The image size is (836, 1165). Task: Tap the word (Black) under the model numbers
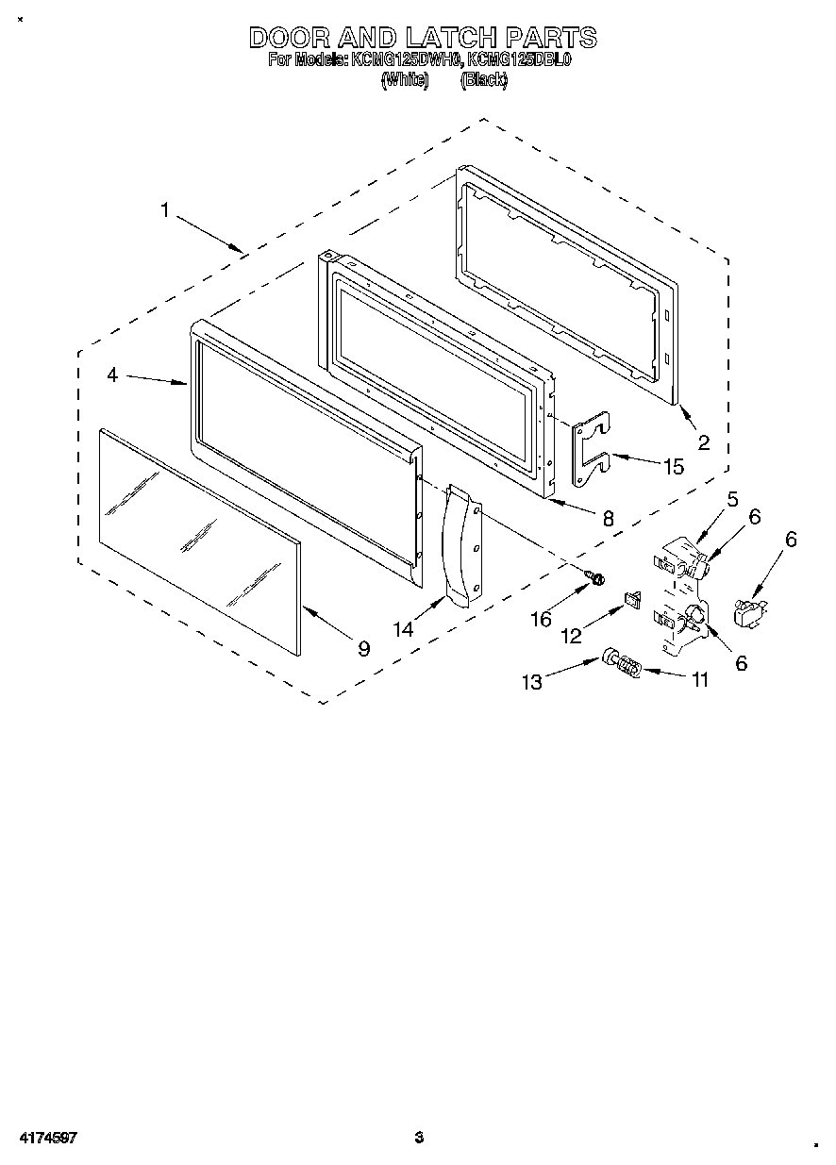(484, 81)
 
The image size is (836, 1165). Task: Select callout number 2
(703, 442)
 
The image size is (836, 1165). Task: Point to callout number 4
(112, 374)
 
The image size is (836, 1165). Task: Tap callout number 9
(363, 648)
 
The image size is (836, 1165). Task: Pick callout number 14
(404, 629)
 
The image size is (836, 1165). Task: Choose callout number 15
(674, 466)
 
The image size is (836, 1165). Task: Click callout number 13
(533, 682)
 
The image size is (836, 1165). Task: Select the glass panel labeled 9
(198, 542)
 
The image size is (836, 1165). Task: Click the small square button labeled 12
(633, 598)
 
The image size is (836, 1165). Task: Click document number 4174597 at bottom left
(47, 1139)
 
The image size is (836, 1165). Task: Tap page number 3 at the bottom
(419, 1139)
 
